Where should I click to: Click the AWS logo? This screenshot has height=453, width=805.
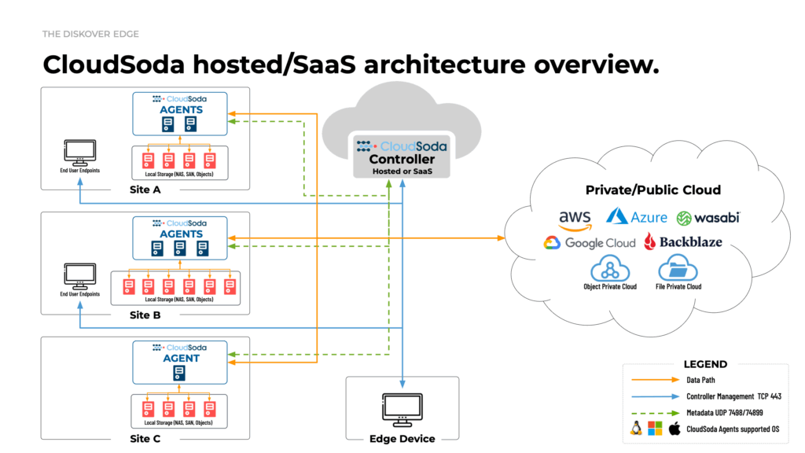tap(575, 219)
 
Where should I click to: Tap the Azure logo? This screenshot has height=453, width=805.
tap(637, 216)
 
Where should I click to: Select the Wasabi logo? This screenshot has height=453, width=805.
tap(708, 218)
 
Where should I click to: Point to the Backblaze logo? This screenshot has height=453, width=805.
tap(682, 241)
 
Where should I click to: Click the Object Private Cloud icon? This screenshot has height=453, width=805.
tap(610, 269)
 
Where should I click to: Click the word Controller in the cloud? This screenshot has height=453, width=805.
tap(402, 160)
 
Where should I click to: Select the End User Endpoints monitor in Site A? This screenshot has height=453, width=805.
tap(79, 151)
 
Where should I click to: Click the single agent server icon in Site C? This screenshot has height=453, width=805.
tap(181, 373)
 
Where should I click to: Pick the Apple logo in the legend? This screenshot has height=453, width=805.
tap(674, 429)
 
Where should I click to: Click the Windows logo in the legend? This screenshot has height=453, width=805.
tap(656, 429)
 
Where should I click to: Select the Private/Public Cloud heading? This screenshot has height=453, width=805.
tap(652, 190)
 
